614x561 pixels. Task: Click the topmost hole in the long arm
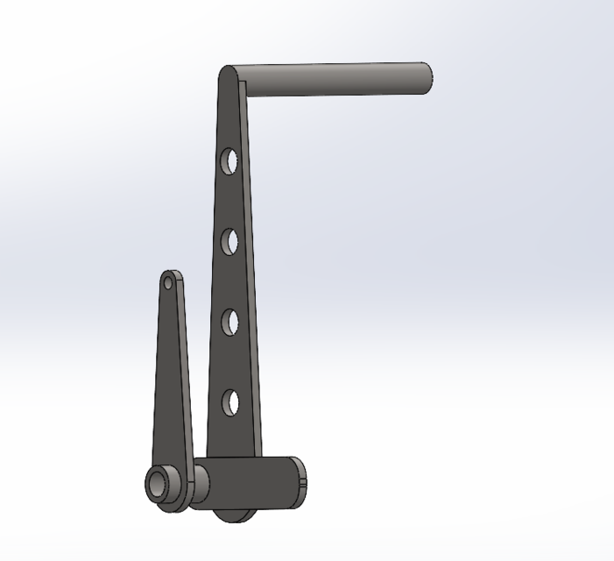coord(229,162)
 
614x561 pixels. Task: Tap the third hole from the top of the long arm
coord(229,322)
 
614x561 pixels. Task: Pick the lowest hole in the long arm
coord(230,401)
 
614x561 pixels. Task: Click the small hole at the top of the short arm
coord(169,282)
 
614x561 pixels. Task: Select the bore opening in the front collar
coord(159,485)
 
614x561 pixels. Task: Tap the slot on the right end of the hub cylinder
coord(302,478)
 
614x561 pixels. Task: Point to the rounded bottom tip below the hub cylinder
coord(230,516)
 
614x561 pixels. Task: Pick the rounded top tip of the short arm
coord(170,273)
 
